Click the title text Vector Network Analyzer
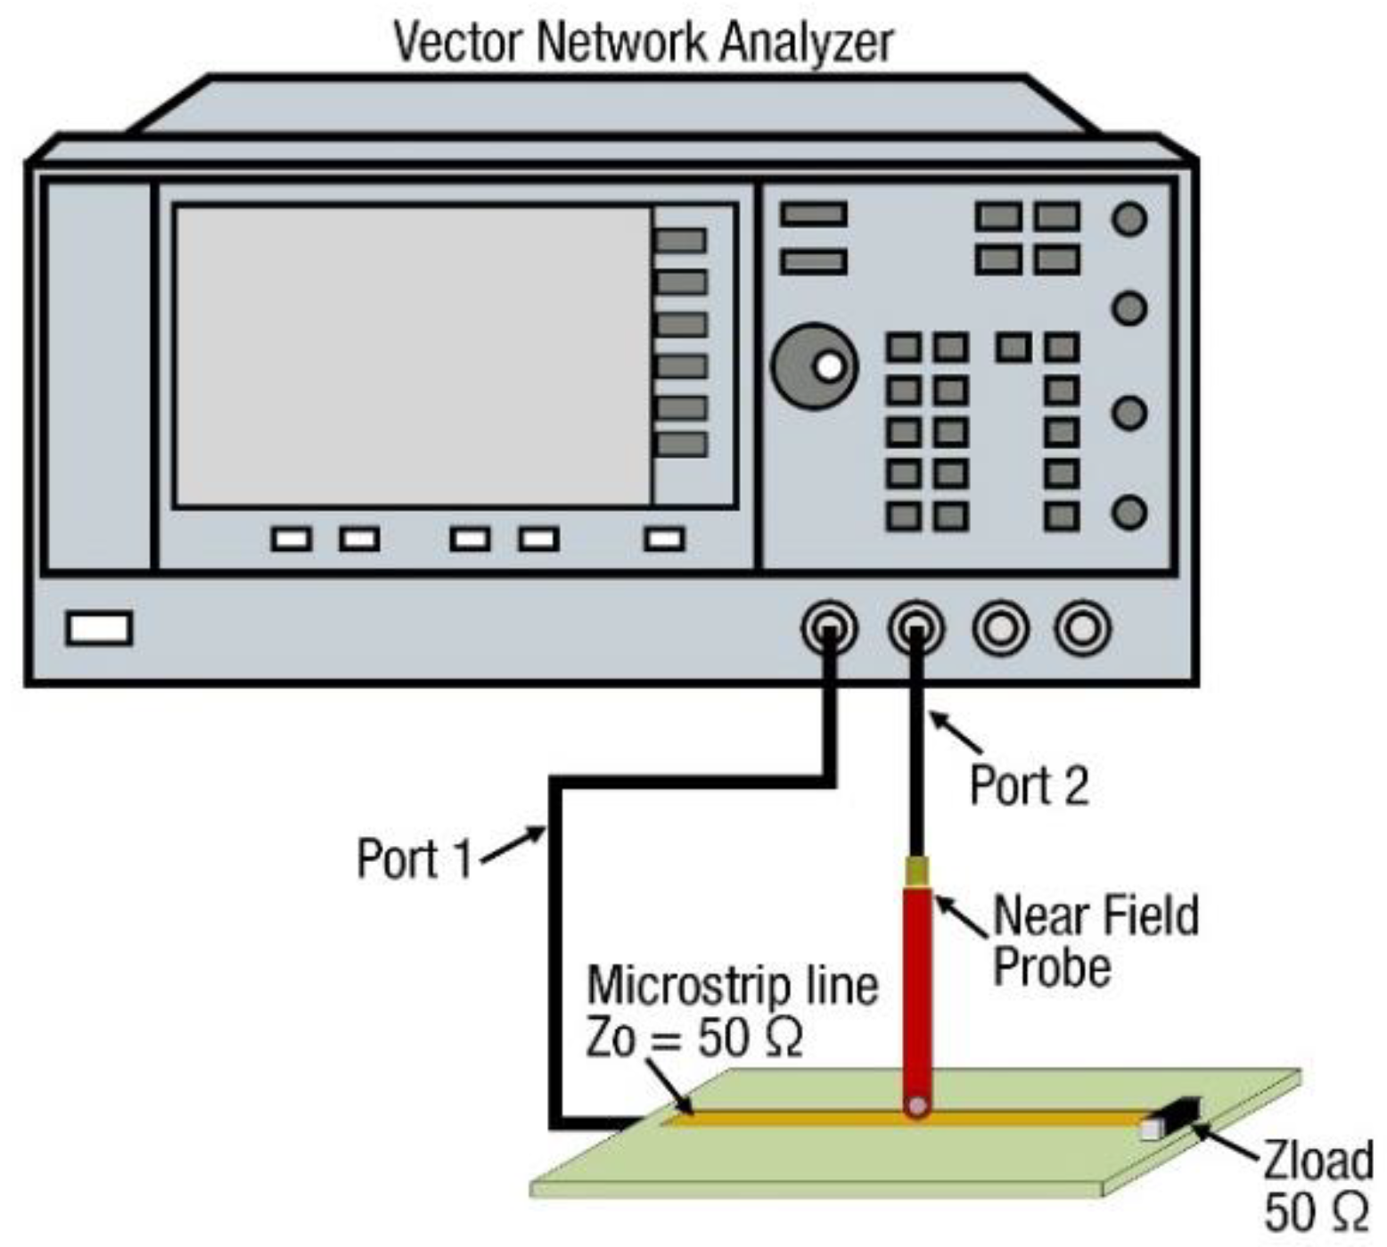point(643,42)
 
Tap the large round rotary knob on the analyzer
point(814,366)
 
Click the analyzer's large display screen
point(413,357)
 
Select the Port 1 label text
point(414,858)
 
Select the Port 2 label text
point(1029,785)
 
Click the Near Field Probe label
point(1095,941)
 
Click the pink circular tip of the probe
point(916,1106)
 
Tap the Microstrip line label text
point(732,986)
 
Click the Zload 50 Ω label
point(1317,1185)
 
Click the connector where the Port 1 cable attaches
point(830,628)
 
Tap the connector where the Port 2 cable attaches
point(915,628)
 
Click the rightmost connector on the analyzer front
point(1082,628)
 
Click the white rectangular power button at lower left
point(99,628)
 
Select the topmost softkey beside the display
point(681,241)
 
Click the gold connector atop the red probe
point(916,870)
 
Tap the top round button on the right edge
point(1129,219)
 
